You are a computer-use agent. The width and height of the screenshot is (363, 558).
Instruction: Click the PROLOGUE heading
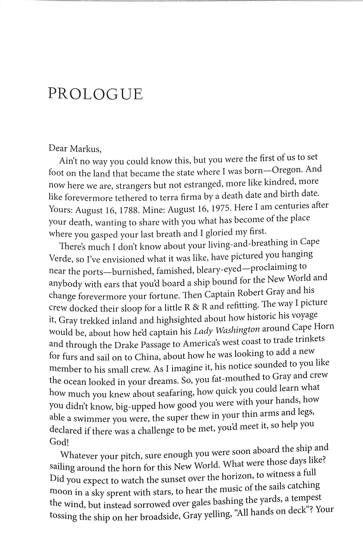click(95, 94)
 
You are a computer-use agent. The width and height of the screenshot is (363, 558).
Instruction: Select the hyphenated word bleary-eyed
click(225, 269)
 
